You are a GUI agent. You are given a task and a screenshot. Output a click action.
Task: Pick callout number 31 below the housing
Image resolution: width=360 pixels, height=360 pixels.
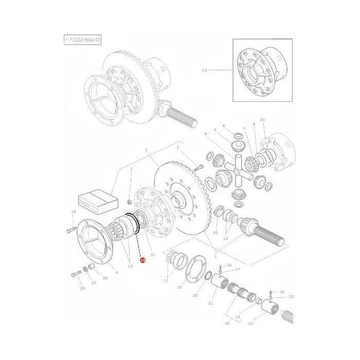point(153,254)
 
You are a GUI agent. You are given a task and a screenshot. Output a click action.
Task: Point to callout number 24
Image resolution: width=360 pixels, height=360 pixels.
point(282,290)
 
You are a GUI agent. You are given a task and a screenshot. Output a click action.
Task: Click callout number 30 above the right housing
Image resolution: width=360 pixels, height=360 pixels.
point(262,120)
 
